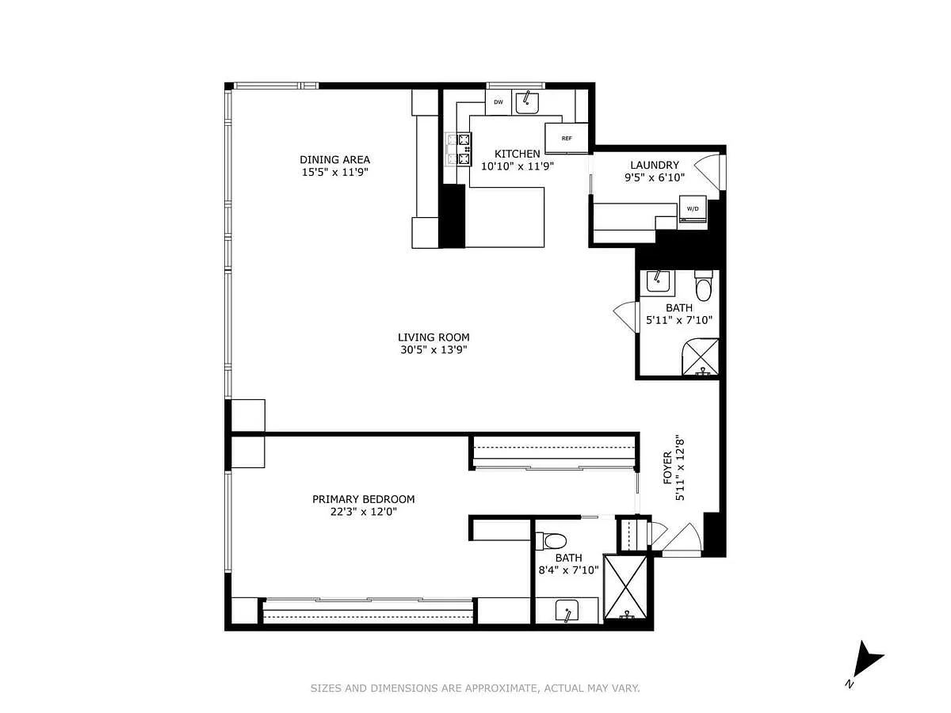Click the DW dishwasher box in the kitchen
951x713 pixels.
click(498, 102)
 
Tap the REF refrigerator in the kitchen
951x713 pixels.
click(567, 138)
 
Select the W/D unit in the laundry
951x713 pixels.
click(693, 208)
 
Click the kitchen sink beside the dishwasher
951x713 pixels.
click(527, 103)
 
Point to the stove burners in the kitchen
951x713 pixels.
click(459, 150)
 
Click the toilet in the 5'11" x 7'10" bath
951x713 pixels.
click(703, 285)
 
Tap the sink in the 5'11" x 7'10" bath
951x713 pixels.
click(658, 281)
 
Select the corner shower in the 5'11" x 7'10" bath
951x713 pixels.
click(701, 356)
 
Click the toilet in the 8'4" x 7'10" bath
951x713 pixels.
click(551, 541)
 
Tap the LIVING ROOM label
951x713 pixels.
click(433, 337)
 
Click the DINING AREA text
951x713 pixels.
click(335, 159)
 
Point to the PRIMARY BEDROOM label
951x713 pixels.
click(364, 499)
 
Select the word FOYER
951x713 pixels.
click(667, 467)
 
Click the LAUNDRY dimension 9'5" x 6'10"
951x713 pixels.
click(655, 177)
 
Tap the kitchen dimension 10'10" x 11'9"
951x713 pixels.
click(518, 166)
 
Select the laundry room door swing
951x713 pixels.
click(709, 172)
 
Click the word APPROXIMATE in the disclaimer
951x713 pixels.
click(502, 688)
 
